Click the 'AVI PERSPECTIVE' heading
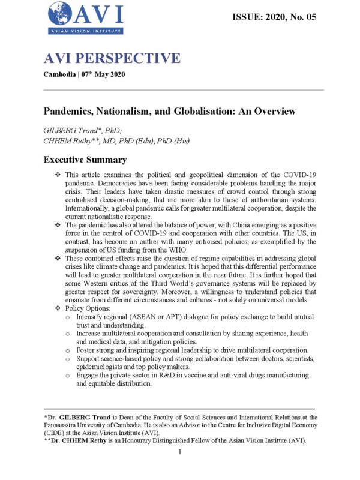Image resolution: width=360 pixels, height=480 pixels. point(112,58)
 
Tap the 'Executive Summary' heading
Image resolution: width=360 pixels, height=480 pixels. point(85,160)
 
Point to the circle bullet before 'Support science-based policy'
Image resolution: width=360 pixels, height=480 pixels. point(68,358)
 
